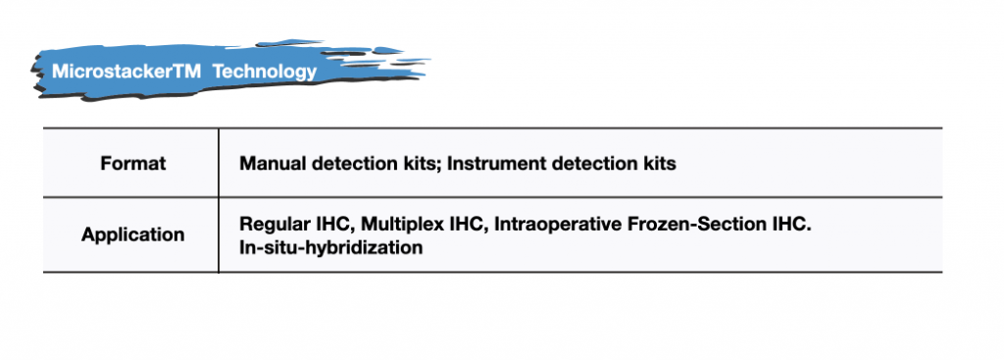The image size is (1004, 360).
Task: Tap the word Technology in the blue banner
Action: tap(265, 71)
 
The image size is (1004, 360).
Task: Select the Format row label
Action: tap(133, 164)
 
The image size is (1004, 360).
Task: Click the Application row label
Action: tap(133, 234)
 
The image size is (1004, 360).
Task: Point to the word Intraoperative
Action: tap(559, 225)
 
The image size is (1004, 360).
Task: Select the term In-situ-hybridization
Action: tap(331, 247)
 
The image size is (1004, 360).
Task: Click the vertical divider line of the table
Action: tap(219, 200)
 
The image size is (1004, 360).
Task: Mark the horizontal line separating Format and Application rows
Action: tap(493, 197)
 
